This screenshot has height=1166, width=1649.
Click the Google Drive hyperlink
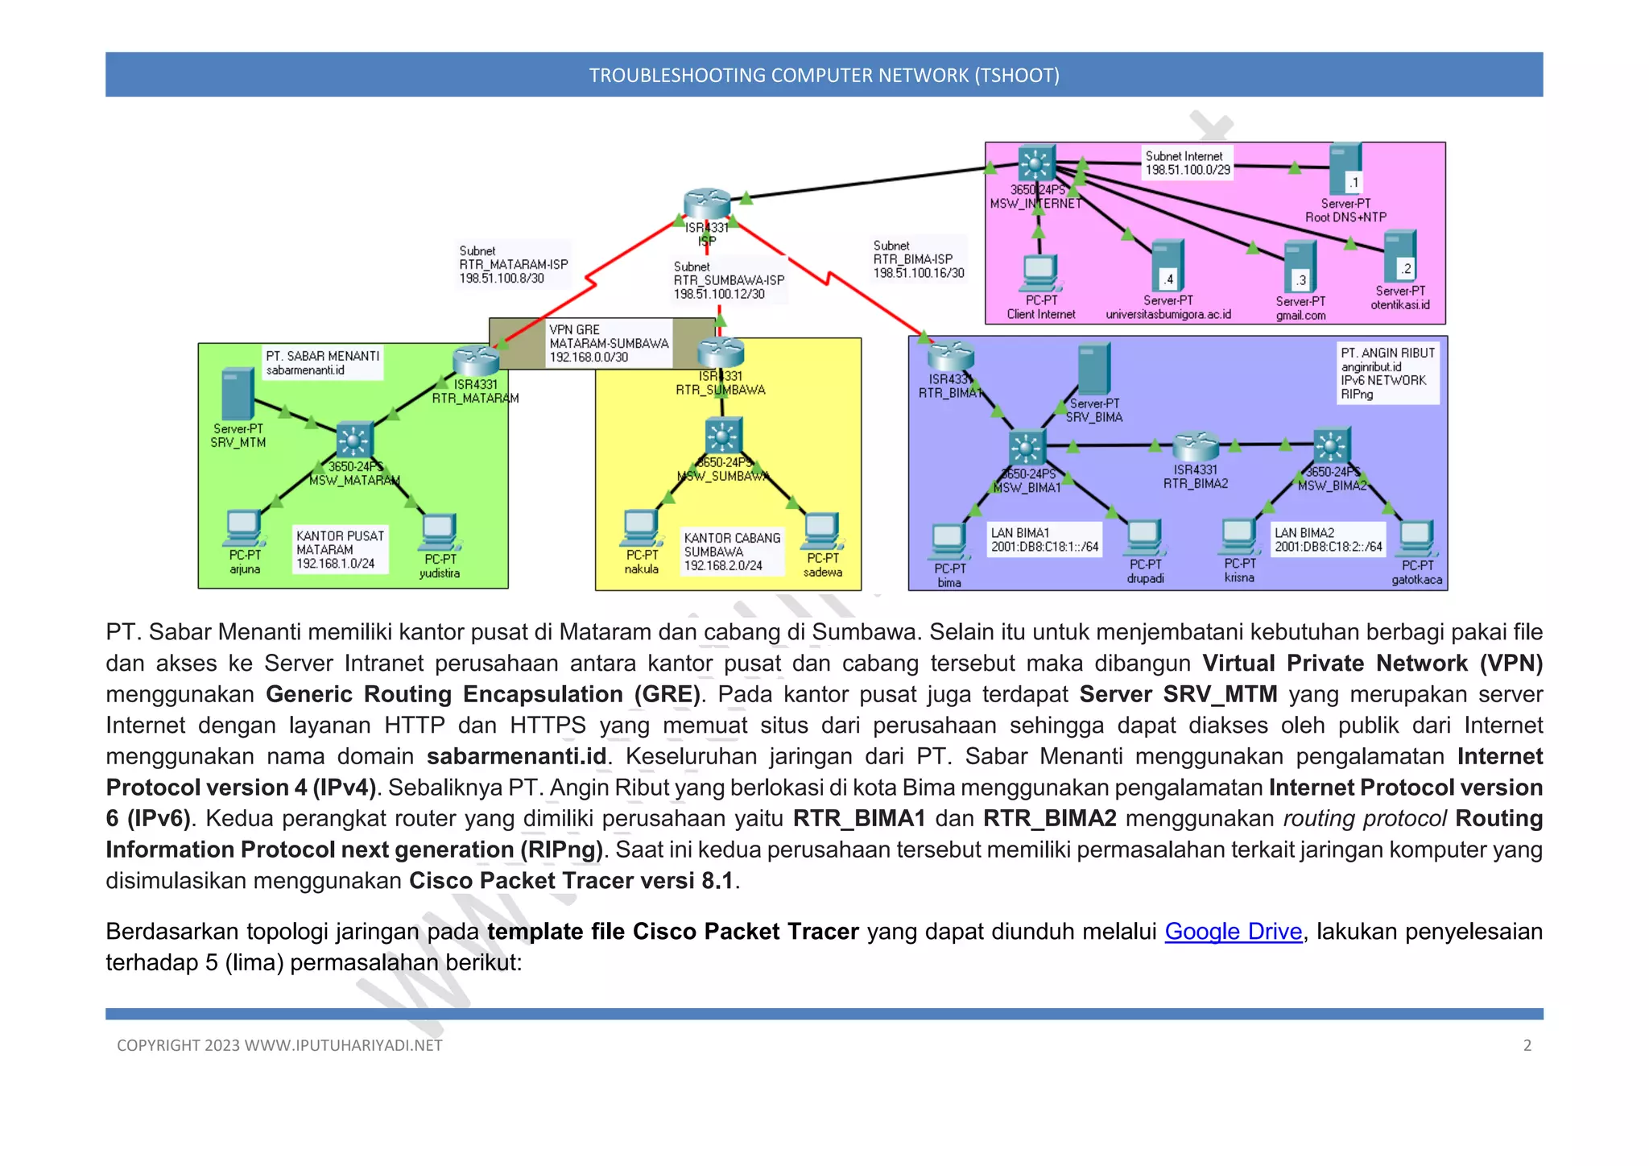pyautogui.click(x=1233, y=932)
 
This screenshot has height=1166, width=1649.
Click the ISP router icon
pyautogui.click(x=706, y=203)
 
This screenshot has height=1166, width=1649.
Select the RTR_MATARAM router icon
pyautogui.click(x=476, y=361)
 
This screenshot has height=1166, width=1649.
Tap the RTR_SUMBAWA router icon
pyautogui.click(x=721, y=352)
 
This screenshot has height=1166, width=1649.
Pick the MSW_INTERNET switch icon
pyautogui.click(x=1036, y=163)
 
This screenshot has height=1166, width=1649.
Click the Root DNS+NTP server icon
pyautogui.click(x=1345, y=168)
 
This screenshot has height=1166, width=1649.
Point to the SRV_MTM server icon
pyautogui.click(x=238, y=394)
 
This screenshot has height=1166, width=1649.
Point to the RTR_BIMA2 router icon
pyautogui.click(x=1196, y=445)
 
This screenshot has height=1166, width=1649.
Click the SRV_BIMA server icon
pyautogui.click(x=1093, y=369)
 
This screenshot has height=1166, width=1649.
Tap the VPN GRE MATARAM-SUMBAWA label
pyautogui.click(x=608, y=344)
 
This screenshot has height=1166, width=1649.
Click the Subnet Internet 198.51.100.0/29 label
pyautogui.click(x=1187, y=163)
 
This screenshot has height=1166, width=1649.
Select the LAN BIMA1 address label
pyautogui.click(x=1044, y=540)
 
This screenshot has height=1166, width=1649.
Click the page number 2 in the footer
pyautogui.click(x=1527, y=1045)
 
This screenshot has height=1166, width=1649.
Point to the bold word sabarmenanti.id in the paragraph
pyautogui.click(x=516, y=757)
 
